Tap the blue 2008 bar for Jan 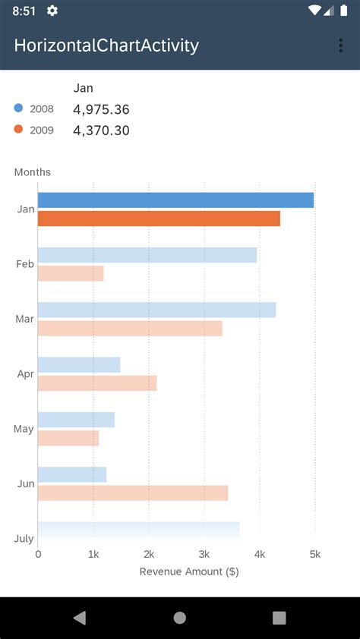click(x=175, y=200)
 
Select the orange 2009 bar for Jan click(x=159, y=219)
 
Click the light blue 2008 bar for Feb click(x=147, y=255)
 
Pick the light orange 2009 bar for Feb click(x=71, y=273)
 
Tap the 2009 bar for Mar click(x=130, y=328)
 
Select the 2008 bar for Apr click(x=79, y=365)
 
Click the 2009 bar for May click(x=68, y=438)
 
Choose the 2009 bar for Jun click(x=133, y=493)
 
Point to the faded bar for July click(x=138, y=529)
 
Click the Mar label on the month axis click(x=24, y=319)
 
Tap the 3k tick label click(x=204, y=555)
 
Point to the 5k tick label click(x=314, y=555)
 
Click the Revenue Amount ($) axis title click(x=189, y=571)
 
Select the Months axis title click(x=33, y=172)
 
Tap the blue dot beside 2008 click(x=18, y=109)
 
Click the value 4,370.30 click(x=101, y=131)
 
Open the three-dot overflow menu click(x=340, y=46)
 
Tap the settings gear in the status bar click(x=52, y=11)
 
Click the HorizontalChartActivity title click(x=106, y=46)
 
